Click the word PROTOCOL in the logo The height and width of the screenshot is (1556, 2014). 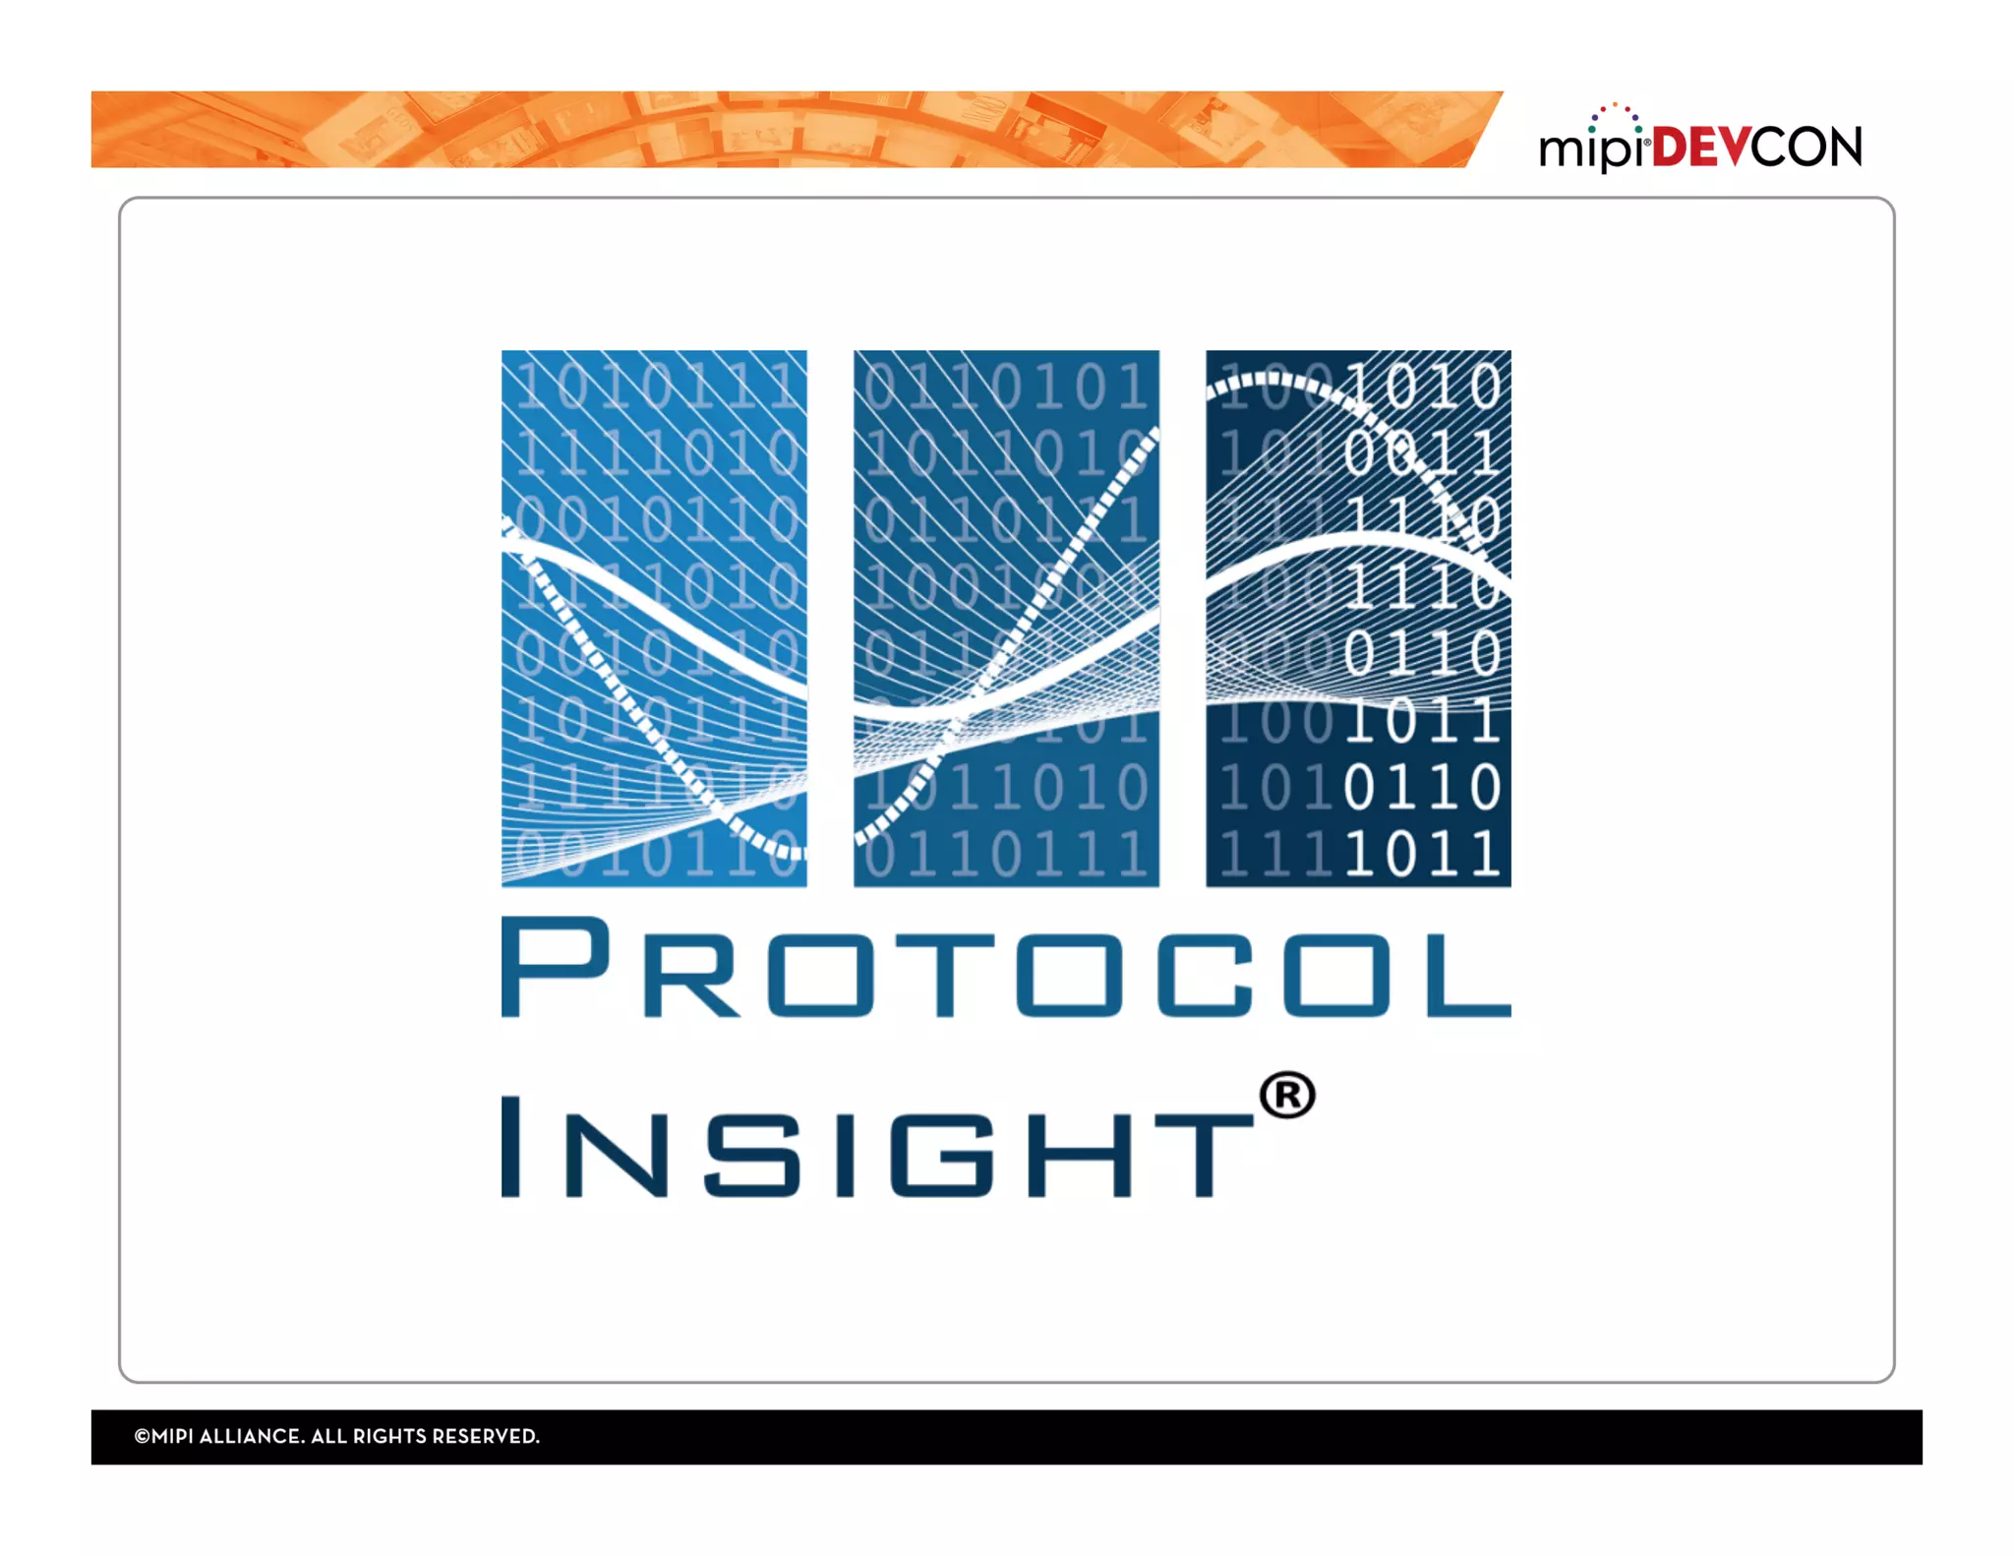point(1005,969)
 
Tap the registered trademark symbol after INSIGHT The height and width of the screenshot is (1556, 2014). point(1287,1096)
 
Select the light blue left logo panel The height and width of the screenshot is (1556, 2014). point(654,618)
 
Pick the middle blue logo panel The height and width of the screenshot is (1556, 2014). point(1006,618)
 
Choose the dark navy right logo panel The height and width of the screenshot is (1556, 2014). point(1358,618)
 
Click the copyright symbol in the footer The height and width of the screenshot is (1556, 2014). point(142,1437)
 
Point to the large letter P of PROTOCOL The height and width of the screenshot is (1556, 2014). point(554,967)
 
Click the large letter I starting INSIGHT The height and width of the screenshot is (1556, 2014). point(510,1147)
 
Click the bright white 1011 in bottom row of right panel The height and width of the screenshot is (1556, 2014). point(1422,854)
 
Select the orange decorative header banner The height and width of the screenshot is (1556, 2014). point(787,130)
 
